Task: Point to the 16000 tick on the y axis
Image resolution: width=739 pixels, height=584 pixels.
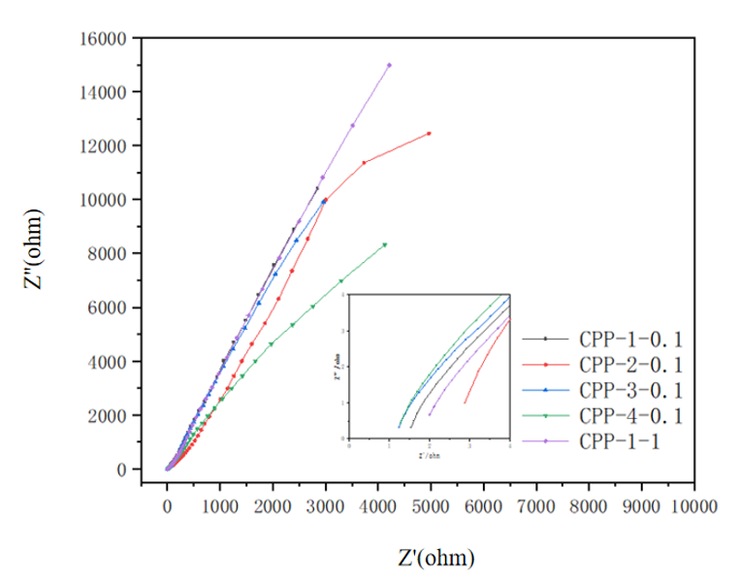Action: coord(105,39)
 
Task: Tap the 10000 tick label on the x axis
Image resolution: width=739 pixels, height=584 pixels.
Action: coord(694,507)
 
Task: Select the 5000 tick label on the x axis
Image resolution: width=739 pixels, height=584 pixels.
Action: coord(431,507)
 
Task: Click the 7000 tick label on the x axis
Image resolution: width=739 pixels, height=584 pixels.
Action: coord(536,507)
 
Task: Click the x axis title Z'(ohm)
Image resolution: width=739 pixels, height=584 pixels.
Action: coord(436,558)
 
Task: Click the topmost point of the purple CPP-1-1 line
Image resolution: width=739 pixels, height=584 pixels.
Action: coord(389,65)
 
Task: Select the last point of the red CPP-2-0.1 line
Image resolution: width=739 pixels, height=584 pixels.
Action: coord(429,133)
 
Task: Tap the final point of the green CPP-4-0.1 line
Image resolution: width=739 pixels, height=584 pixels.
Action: coord(384,244)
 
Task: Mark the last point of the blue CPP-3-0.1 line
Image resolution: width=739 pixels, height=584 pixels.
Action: coord(324,201)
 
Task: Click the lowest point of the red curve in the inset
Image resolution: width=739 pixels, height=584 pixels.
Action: coord(466,402)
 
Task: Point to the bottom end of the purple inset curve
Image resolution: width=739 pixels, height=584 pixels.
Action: coord(430,414)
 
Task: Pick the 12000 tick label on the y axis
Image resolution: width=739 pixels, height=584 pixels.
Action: coord(105,146)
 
